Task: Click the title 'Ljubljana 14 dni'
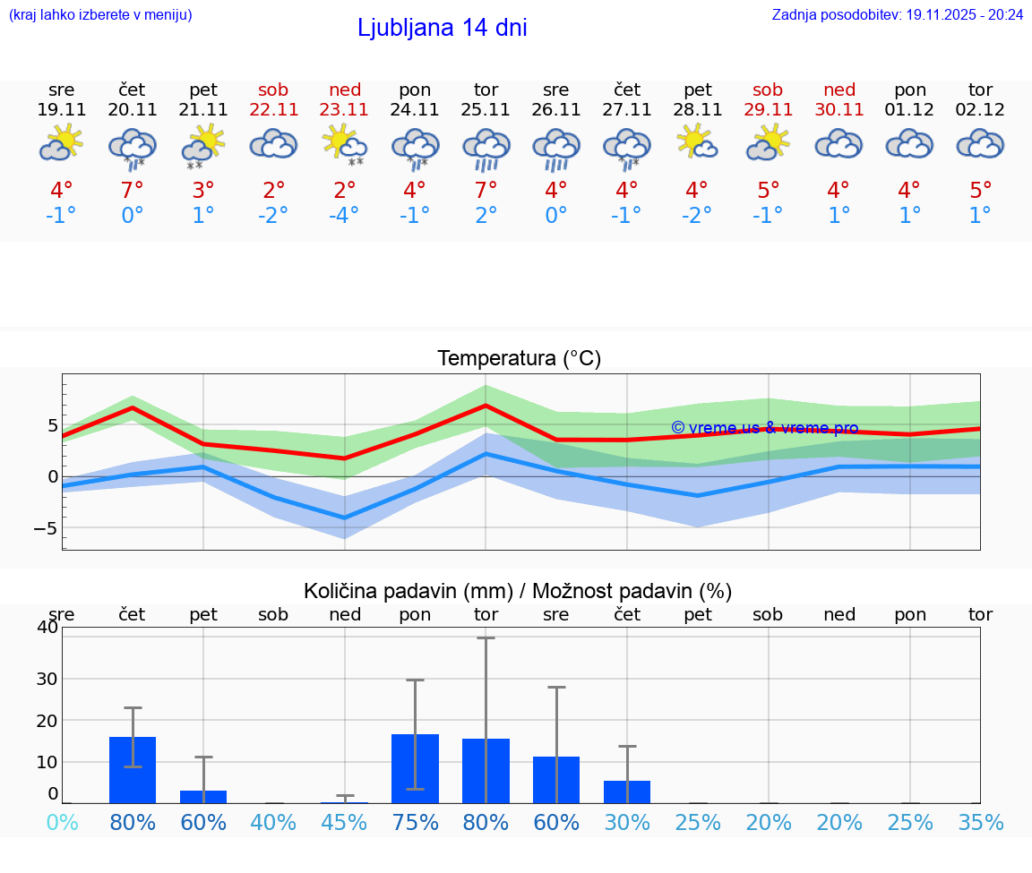point(442,28)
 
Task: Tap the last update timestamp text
point(898,14)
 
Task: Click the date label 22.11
point(273,110)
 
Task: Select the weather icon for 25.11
point(486,148)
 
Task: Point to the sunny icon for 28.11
point(697,142)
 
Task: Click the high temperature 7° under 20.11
point(133,191)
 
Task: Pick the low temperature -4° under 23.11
point(344,216)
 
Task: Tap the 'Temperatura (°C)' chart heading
point(519,359)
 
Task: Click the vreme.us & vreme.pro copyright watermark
point(764,428)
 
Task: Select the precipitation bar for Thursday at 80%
point(133,769)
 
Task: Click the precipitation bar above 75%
point(415,768)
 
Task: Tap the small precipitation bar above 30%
point(627,792)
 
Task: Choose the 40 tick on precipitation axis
point(47,627)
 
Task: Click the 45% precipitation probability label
point(344,823)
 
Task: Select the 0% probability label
point(62,823)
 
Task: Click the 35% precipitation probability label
point(980,823)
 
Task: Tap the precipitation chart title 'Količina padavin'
point(518,591)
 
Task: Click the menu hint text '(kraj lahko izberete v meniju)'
point(100,14)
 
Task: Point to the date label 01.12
point(909,110)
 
